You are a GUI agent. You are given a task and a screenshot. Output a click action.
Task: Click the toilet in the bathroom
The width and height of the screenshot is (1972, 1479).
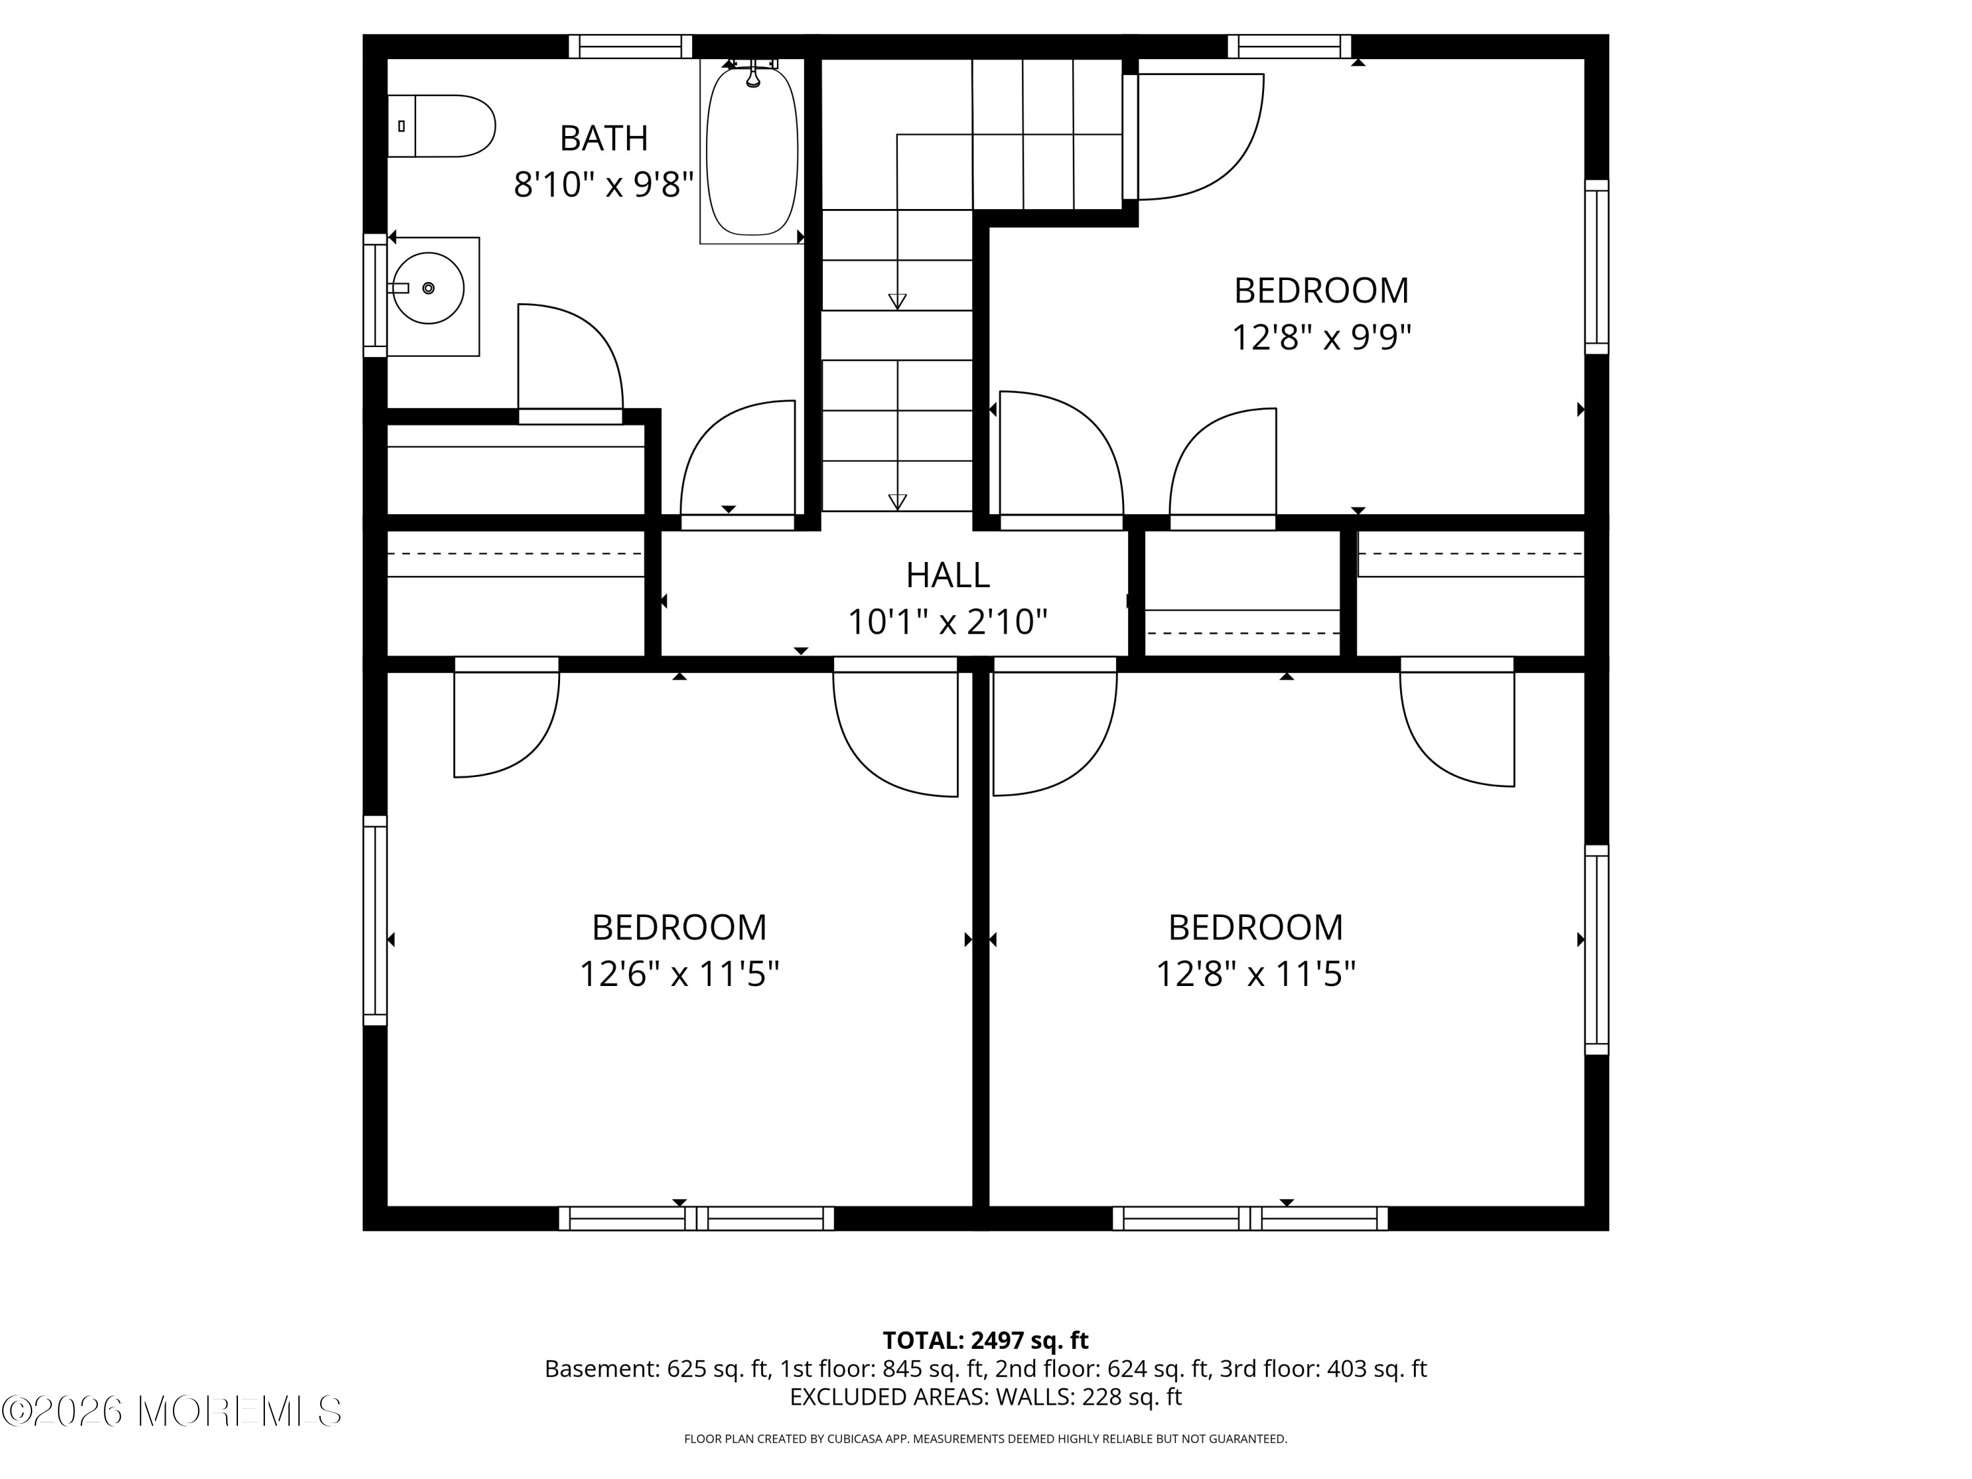pos(441,126)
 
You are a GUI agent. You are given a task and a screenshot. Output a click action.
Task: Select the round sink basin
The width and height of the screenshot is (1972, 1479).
pos(429,288)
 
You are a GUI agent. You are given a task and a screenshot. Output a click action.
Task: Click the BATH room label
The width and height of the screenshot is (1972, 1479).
pos(603,138)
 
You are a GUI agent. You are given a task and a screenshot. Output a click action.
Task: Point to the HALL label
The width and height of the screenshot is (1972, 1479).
pos(948,575)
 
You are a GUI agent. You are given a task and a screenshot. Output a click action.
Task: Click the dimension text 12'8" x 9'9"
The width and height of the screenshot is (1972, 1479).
pos(1321,338)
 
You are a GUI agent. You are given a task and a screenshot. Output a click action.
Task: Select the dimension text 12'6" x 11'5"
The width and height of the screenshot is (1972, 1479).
pos(679,974)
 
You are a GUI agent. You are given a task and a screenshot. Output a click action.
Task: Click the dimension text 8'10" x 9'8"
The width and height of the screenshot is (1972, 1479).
pos(603,185)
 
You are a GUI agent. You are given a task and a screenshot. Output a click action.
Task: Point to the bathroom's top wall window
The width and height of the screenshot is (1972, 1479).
pos(630,47)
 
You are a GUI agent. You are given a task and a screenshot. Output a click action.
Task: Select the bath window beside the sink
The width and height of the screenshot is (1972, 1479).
pos(375,295)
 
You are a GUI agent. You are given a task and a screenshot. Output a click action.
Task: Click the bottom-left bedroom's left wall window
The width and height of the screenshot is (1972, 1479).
pos(375,921)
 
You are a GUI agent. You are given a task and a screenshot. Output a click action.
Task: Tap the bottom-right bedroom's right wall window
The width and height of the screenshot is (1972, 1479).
pos(1597,951)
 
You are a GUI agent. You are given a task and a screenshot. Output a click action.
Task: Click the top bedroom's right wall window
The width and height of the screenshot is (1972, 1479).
pos(1597,268)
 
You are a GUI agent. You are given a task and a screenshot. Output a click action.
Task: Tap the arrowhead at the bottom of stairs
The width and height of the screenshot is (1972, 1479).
pos(898,502)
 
